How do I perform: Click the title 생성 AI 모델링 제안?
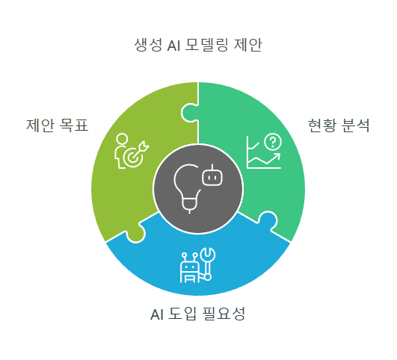click(x=198, y=45)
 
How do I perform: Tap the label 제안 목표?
click(x=58, y=125)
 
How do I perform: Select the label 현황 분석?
click(x=339, y=125)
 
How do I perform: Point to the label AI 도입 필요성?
click(x=197, y=314)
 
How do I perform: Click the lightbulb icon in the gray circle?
click(x=187, y=188)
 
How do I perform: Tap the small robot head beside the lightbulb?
click(x=212, y=176)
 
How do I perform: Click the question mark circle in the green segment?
click(x=273, y=142)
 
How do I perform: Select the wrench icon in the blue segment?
click(x=208, y=264)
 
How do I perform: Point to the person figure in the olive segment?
click(x=120, y=151)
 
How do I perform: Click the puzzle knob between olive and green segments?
click(x=189, y=113)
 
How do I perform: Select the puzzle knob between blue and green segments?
click(x=268, y=220)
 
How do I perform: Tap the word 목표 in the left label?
click(x=74, y=125)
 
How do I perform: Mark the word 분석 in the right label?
click(x=355, y=125)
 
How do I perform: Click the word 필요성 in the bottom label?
click(x=224, y=314)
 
